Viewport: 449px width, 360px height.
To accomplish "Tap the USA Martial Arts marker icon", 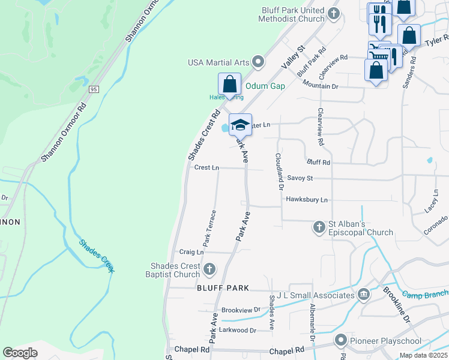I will click(x=259, y=62).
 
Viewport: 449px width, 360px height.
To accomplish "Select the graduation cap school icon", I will click(x=240, y=125).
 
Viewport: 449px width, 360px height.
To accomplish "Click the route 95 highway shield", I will click(x=93, y=89).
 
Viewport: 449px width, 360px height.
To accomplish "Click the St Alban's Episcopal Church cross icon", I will click(x=319, y=227).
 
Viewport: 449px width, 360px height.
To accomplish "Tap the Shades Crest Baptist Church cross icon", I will click(x=209, y=269).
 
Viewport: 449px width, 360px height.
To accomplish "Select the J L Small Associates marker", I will click(x=364, y=295).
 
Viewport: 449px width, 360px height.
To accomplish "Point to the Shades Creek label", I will click(x=96, y=256).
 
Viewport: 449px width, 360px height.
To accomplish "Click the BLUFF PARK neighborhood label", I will click(x=223, y=288).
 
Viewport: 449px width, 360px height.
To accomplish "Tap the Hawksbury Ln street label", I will click(x=307, y=199).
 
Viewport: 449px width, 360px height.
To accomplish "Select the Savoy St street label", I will click(x=300, y=178).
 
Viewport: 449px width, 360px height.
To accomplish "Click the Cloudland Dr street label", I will click(x=279, y=171).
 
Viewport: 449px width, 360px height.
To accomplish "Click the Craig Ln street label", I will click(x=191, y=252).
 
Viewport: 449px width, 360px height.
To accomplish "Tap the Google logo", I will click(x=20, y=353).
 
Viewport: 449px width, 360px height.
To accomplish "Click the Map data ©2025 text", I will click(x=423, y=355).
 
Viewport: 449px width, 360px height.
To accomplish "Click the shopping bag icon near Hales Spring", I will click(x=229, y=84).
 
